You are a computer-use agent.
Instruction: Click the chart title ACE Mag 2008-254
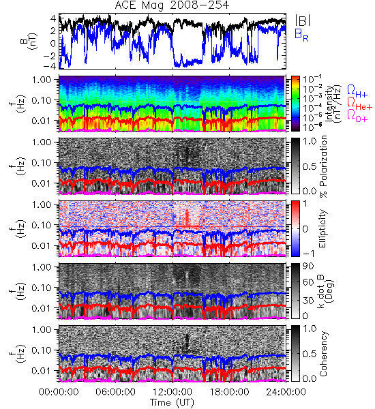[x=172, y=5]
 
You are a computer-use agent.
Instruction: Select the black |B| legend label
[x=303, y=20]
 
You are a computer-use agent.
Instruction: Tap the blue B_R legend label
[x=301, y=35]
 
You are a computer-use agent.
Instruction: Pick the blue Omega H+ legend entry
[x=357, y=91]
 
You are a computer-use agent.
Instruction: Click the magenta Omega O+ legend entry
[x=357, y=116]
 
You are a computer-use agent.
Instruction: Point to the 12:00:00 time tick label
[x=172, y=392]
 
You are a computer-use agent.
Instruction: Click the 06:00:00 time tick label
[x=116, y=392]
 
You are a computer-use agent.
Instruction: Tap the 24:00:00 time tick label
[x=286, y=392]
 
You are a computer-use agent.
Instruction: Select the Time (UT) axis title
[x=172, y=402]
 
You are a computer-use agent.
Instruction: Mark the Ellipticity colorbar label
[x=322, y=229]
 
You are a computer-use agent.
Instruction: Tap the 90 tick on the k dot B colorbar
[x=308, y=267]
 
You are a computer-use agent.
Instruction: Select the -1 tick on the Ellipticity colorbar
[x=308, y=254]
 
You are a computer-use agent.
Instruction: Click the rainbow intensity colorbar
[x=295, y=104]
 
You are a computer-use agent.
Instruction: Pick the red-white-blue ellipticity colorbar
[x=295, y=228]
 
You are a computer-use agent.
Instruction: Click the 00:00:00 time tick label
[x=59, y=392]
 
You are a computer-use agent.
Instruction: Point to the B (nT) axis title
[x=29, y=41]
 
